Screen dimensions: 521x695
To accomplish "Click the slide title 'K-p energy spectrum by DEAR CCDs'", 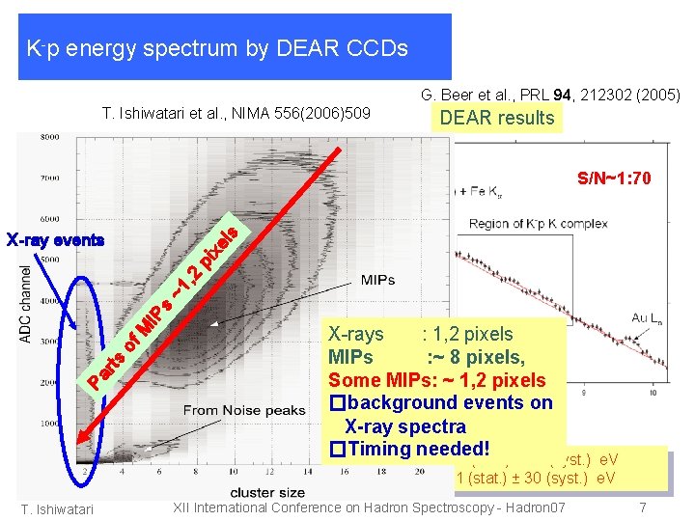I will tap(218, 47).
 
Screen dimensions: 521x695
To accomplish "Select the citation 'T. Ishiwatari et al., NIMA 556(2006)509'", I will tap(236, 115).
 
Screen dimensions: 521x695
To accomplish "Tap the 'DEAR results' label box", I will tap(497, 118).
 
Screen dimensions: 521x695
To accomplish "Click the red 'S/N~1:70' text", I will tap(615, 178).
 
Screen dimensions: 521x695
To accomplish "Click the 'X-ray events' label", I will tap(55, 239).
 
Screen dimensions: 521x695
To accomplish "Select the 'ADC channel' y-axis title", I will tap(26, 303).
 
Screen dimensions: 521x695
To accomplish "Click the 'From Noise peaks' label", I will tap(244, 410).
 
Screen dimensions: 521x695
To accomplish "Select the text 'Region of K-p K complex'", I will tap(539, 224).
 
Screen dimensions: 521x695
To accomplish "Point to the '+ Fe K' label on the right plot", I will tap(491, 190).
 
